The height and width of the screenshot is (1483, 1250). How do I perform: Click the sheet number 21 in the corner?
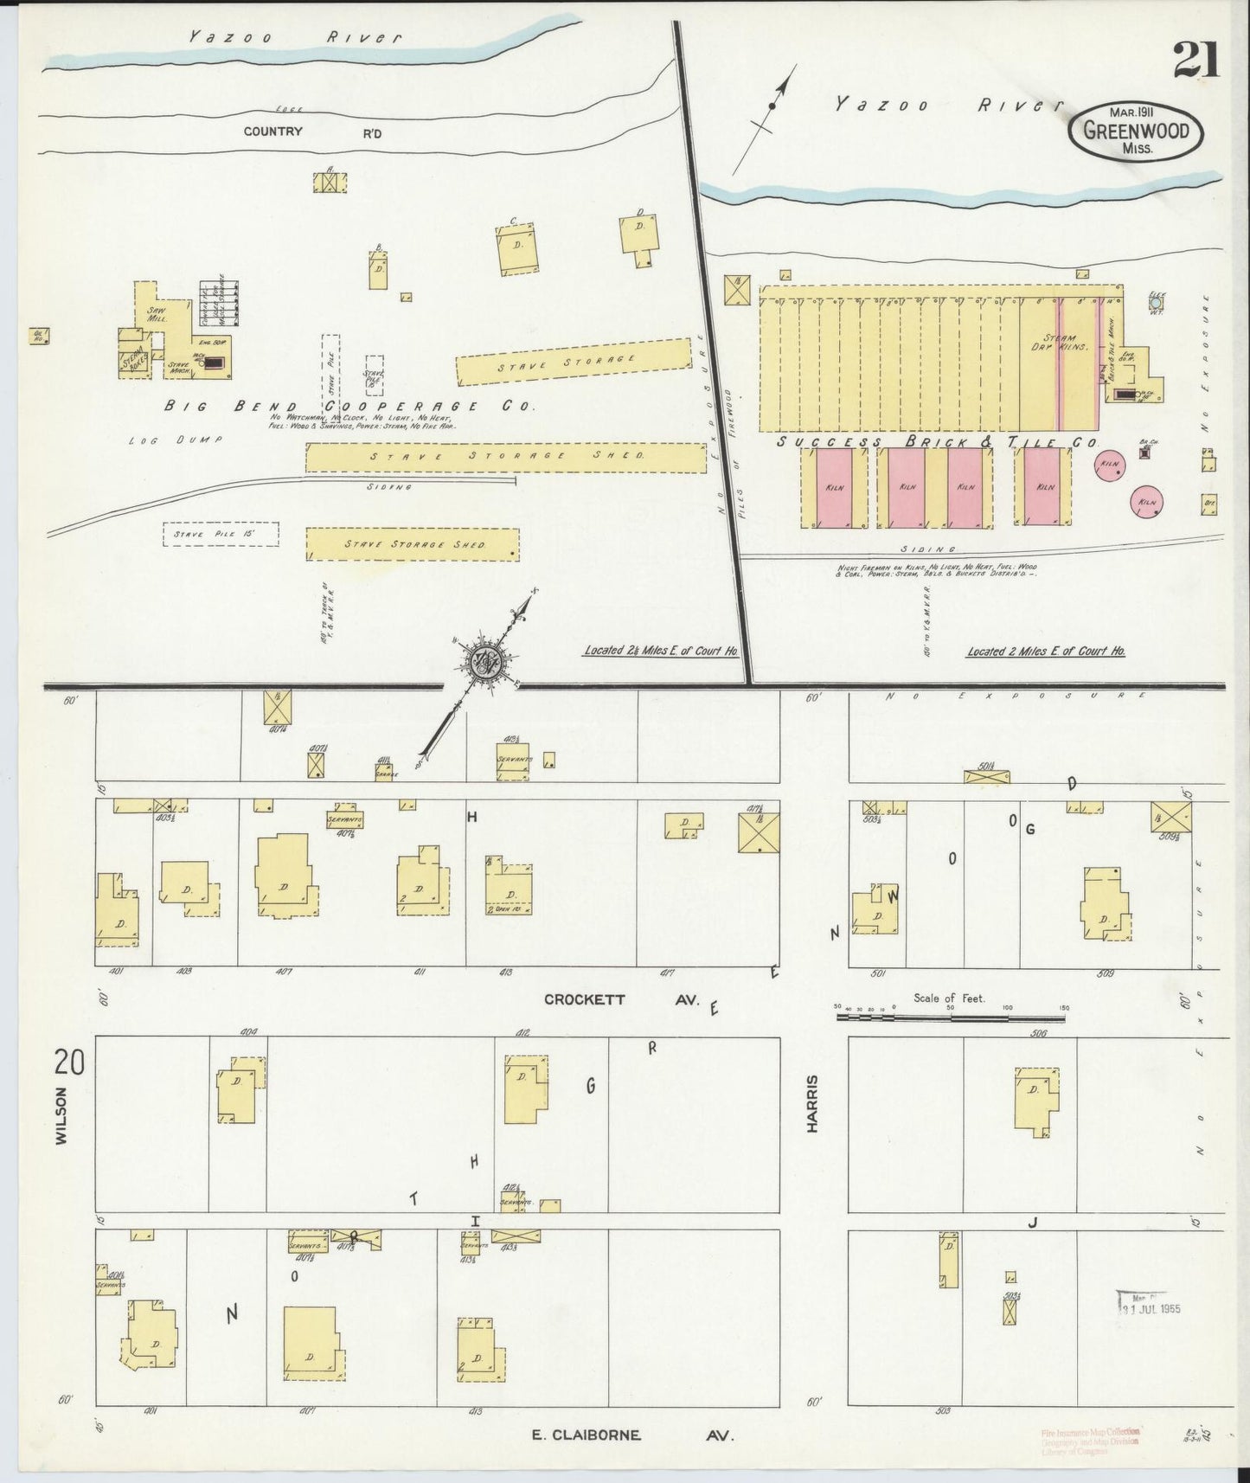[1196, 61]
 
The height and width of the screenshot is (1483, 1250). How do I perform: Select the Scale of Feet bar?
[952, 1018]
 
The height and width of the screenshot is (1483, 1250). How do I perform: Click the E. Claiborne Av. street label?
[631, 1435]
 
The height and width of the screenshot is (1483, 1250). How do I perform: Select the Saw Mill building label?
[157, 314]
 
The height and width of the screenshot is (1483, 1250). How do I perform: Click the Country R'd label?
[311, 132]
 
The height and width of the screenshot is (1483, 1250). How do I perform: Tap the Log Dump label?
[175, 440]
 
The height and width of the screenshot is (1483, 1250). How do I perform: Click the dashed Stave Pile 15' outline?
[221, 534]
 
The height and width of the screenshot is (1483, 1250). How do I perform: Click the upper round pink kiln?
[1110, 465]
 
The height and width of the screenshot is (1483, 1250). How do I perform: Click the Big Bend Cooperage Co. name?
[350, 406]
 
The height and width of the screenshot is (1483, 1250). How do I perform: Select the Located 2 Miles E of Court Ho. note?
[1045, 651]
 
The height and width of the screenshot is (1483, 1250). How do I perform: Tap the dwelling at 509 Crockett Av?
[1105, 903]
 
